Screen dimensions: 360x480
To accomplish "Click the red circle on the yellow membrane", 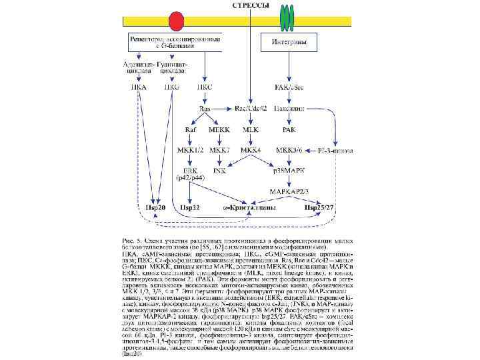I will [176, 19].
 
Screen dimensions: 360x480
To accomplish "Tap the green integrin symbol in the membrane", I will [287, 18].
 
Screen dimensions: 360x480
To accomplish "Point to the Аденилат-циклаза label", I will [139, 67].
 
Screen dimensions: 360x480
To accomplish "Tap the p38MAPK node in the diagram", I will [289, 171].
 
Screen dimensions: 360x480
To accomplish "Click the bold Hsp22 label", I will [190, 208].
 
